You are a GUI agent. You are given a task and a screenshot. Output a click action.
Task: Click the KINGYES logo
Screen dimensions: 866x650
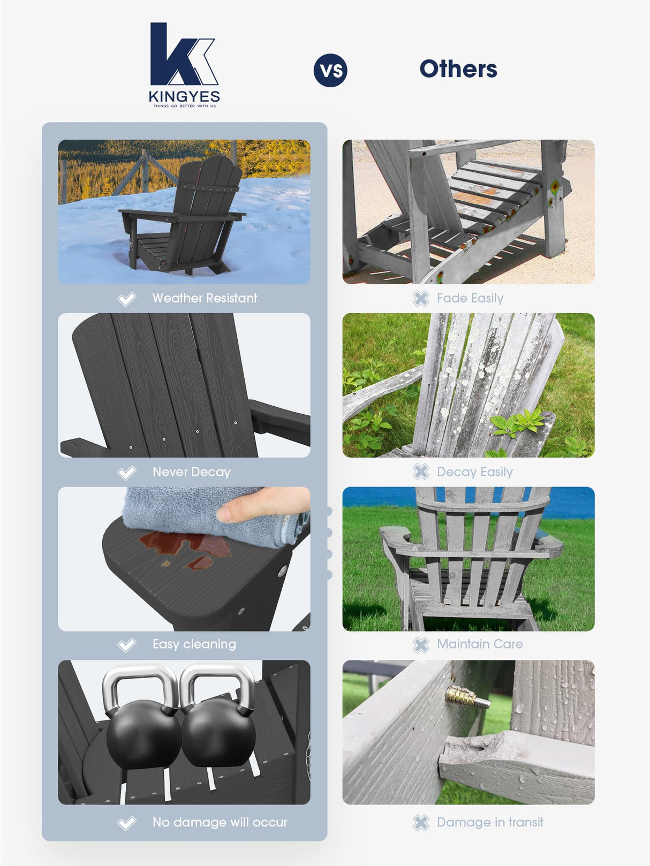[x=184, y=64]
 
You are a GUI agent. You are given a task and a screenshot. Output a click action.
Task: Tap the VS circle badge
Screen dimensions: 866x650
[x=330, y=70]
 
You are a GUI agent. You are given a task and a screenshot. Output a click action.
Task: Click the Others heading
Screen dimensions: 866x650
[x=458, y=69]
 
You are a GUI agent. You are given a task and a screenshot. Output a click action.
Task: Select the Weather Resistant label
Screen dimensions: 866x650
[x=205, y=298]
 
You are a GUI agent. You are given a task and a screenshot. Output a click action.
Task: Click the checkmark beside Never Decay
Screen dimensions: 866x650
[x=127, y=473]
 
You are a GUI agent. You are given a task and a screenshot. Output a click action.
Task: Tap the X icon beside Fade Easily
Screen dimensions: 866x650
[x=421, y=299]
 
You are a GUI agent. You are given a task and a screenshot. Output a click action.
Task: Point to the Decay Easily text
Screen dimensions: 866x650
[x=474, y=472]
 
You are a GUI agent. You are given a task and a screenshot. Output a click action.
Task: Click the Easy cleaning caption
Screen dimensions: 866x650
[x=194, y=644]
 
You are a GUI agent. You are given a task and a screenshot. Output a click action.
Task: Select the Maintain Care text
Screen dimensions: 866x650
[x=480, y=644]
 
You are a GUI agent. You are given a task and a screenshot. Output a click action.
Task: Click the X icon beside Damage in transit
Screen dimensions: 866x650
[x=421, y=823]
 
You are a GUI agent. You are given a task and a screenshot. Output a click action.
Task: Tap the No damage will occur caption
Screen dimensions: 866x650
[x=220, y=822]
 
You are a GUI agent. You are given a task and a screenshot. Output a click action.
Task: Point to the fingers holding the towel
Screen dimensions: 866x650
[x=262, y=506]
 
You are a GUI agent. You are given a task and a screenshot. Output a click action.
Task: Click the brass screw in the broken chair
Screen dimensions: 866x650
[x=467, y=696]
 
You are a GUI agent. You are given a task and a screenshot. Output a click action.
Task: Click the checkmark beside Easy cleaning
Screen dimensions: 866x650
[x=127, y=645]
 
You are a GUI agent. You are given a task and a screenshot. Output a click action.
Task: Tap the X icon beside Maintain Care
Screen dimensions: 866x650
[x=421, y=645]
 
